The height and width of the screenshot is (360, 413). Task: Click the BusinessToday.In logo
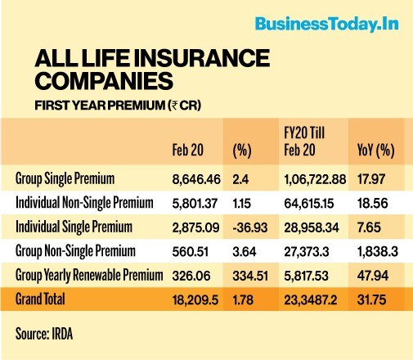(326, 25)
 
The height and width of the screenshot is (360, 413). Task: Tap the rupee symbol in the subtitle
(173, 106)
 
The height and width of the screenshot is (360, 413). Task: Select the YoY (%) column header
(375, 151)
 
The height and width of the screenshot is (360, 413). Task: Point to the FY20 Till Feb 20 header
(304, 142)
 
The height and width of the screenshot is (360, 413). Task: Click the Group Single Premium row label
(65, 179)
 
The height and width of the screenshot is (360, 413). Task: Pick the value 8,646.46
(196, 179)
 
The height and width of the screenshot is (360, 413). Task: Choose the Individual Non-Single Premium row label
(84, 203)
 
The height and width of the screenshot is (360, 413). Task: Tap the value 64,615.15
(309, 204)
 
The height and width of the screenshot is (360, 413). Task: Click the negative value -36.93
(250, 227)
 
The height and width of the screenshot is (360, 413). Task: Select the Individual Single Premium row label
(74, 227)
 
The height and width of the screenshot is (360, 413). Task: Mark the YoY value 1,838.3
(378, 251)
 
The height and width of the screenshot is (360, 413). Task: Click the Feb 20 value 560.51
(191, 251)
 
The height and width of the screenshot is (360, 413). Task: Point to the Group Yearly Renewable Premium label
(89, 275)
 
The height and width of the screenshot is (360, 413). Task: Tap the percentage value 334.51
(250, 276)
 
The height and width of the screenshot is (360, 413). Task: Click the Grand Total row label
(40, 299)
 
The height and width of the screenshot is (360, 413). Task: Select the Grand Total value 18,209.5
(195, 300)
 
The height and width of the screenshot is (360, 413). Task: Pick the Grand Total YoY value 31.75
(371, 299)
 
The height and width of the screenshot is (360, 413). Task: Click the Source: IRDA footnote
(44, 334)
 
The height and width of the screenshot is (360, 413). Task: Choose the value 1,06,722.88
(315, 179)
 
